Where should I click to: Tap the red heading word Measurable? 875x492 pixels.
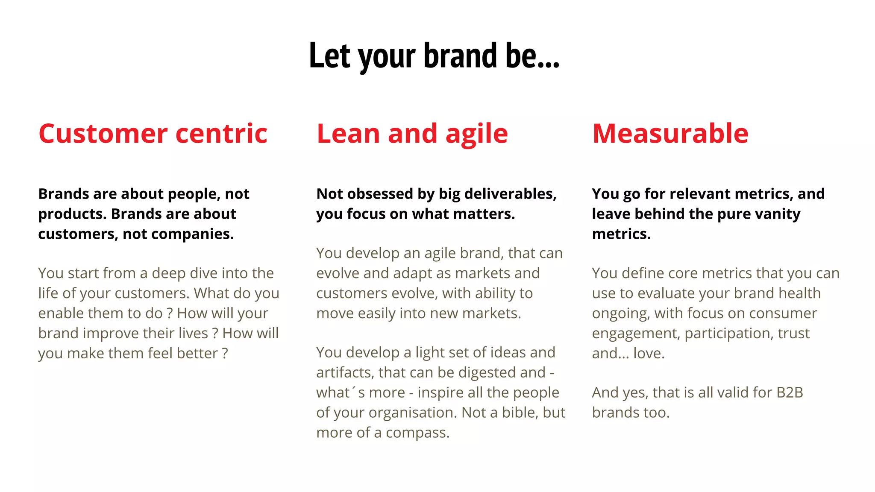tap(670, 133)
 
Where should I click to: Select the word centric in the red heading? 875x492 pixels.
tap(221, 133)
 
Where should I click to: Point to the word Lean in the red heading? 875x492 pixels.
tap(347, 133)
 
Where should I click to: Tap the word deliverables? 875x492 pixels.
tap(510, 194)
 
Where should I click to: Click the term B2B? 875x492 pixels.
tap(790, 393)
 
